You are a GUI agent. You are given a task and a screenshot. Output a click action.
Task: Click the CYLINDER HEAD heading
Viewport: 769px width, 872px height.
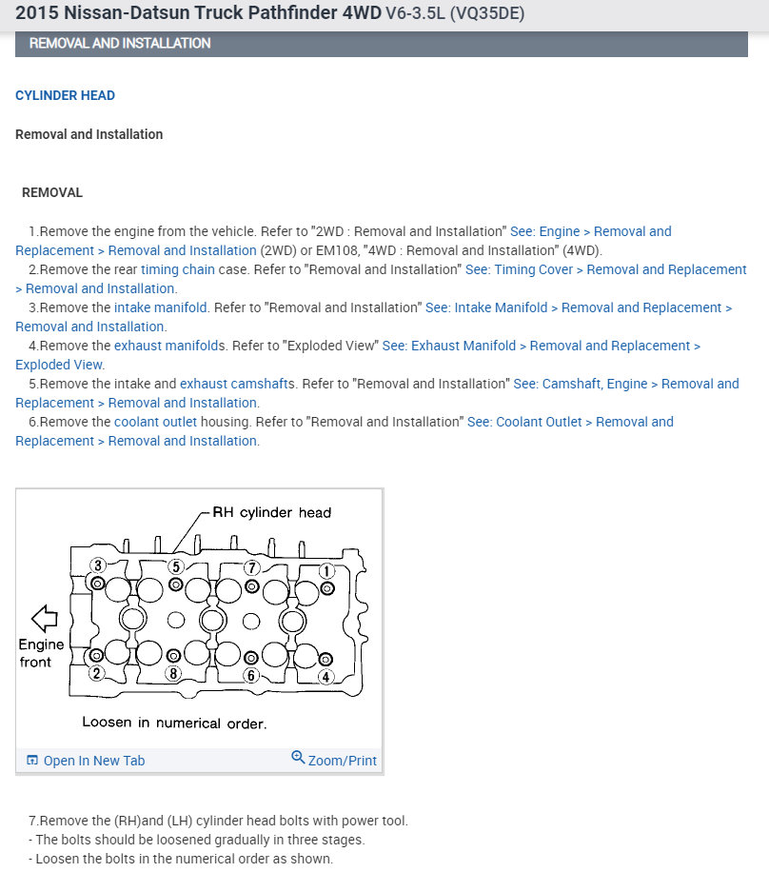click(65, 96)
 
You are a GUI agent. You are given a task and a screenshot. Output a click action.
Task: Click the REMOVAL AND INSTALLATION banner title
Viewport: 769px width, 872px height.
click(120, 44)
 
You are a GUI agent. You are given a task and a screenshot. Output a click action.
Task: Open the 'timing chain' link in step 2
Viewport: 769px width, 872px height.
click(178, 269)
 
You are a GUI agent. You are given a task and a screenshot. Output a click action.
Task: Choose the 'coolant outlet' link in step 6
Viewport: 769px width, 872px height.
click(155, 422)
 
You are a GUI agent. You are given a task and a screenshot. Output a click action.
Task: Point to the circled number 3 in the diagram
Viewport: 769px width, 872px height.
click(97, 566)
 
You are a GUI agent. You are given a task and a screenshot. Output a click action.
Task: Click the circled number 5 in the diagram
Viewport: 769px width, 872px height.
click(176, 566)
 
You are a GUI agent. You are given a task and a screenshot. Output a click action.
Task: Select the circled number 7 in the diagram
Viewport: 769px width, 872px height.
click(252, 568)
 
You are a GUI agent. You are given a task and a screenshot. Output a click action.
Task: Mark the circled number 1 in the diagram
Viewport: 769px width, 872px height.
click(325, 571)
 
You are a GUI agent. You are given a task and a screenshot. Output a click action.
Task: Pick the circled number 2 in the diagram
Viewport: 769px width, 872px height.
click(96, 674)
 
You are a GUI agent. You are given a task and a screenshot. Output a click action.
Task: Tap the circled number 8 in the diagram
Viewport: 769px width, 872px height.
click(173, 674)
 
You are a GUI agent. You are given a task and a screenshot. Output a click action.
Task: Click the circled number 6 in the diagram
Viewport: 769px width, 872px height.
click(251, 675)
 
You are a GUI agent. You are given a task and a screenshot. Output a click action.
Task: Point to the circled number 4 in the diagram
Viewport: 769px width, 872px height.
click(325, 677)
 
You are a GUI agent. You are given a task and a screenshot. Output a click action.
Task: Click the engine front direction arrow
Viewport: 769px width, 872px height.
click(45, 619)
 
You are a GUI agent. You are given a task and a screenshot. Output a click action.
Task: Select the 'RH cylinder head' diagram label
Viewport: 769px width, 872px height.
click(271, 513)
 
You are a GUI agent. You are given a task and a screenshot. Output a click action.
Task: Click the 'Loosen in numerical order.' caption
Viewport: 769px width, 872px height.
click(174, 723)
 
